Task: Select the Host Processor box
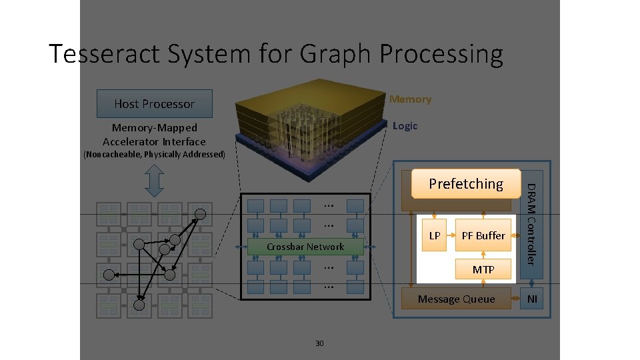click(x=154, y=103)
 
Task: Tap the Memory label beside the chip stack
click(x=410, y=99)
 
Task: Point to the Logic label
click(x=405, y=126)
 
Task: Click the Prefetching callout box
click(x=466, y=184)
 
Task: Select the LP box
click(x=434, y=236)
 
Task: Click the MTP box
click(x=483, y=269)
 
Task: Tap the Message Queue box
click(x=456, y=299)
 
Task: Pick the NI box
click(x=532, y=299)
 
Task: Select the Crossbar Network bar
click(x=305, y=247)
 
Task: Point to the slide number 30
click(x=319, y=343)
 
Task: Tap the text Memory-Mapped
click(x=154, y=127)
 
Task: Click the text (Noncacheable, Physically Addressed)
click(x=154, y=154)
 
